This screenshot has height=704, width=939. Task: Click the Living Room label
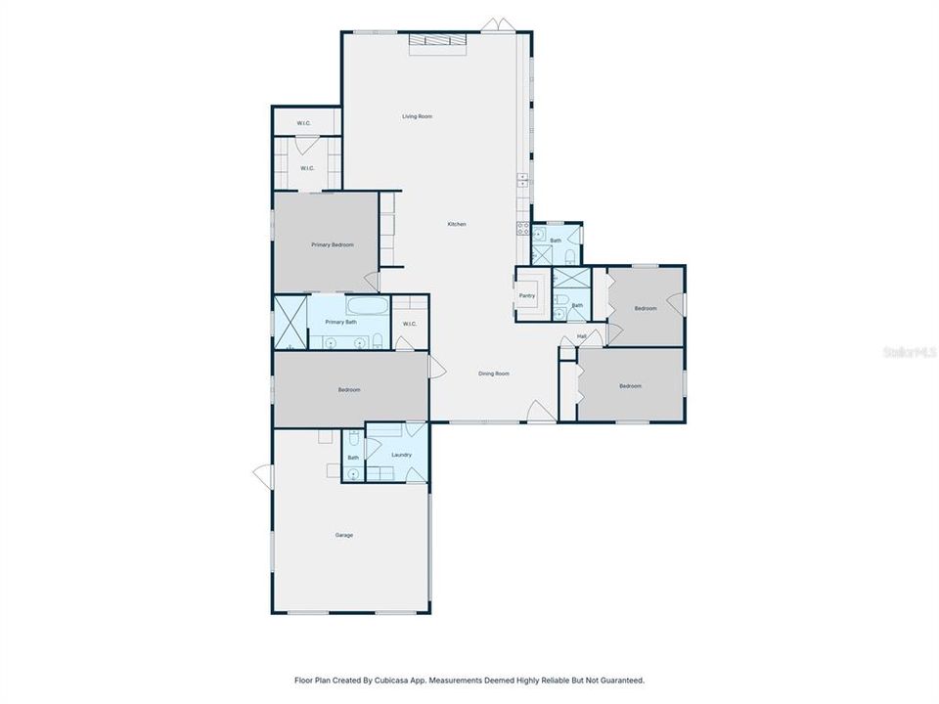click(x=417, y=116)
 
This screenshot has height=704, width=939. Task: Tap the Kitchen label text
click(x=457, y=224)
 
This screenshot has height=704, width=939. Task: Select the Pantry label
click(x=526, y=295)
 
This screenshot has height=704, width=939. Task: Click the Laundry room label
click(x=401, y=455)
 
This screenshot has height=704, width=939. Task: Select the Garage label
click(x=344, y=535)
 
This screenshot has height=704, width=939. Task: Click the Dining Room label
click(x=494, y=374)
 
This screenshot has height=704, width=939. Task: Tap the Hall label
click(x=581, y=336)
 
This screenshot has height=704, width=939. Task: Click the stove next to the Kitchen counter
click(x=523, y=230)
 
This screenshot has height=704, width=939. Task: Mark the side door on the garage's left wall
click(x=262, y=475)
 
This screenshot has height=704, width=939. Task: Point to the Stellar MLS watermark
click(x=910, y=350)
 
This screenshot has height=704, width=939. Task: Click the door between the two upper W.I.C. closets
click(x=305, y=146)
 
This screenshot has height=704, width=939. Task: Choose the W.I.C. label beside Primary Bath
click(x=409, y=324)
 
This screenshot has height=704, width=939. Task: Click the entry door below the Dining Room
click(x=539, y=412)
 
